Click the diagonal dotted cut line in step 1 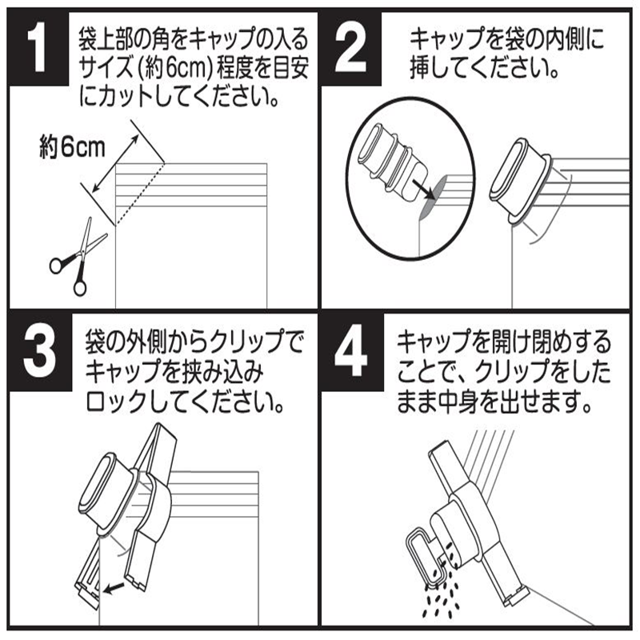139,192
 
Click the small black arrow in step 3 117,589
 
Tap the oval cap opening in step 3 103,489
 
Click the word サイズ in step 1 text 98,70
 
